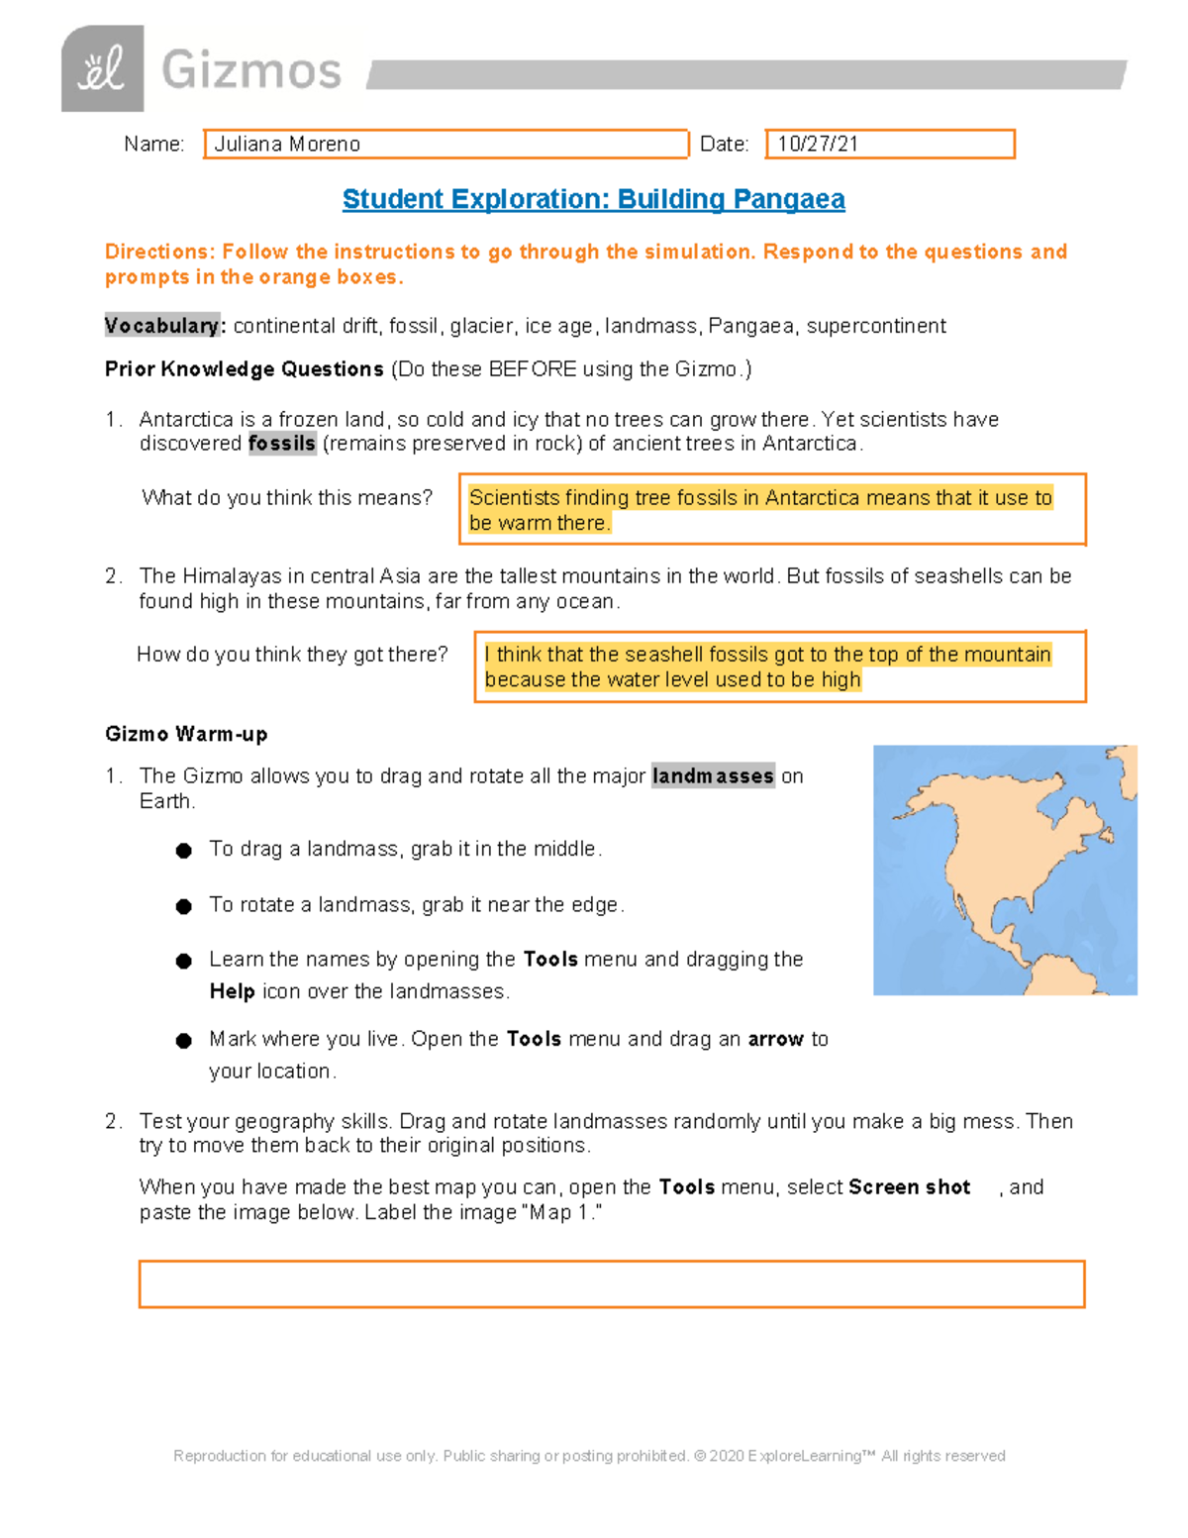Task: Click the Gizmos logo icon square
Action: pyautogui.click(x=102, y=69)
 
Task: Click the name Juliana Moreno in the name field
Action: pyautogui.click(x=287, y=145)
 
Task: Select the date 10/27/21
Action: pyautogui.click(x=818, y=145)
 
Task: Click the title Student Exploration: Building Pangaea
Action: pyautogui.click(x=593, y=200)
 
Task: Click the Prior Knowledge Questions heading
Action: pyautogui.click(x=245, y=369)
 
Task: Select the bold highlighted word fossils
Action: pyautogui.click(x=282, y=444)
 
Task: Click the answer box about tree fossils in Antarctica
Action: pyautogui.click(x=772, y=510)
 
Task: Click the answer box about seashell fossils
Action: pyautogui.click(x=780, y=666)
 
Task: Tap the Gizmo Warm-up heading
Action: pyautogui.click(x=186, y=734)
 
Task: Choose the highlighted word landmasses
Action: pyautogui.click(x=713, y=776)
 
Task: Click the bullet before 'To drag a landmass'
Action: pyautogui.click(x=183, y=851)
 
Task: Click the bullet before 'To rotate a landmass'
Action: pyautogui.click(x=183, y=906)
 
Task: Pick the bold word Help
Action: pyautogui.click(x=232, y=991)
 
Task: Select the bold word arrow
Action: pyautogui.click(x=775, y=1039)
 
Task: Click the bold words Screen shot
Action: pyautogui.click(x=909, y=1187)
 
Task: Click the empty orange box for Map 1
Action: pyautogui.click(x=612, y=1284)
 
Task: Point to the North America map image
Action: pyautogui.click(x=1005, y=870)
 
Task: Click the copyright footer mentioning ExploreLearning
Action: pyautogui.click(x=589, y=1456)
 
